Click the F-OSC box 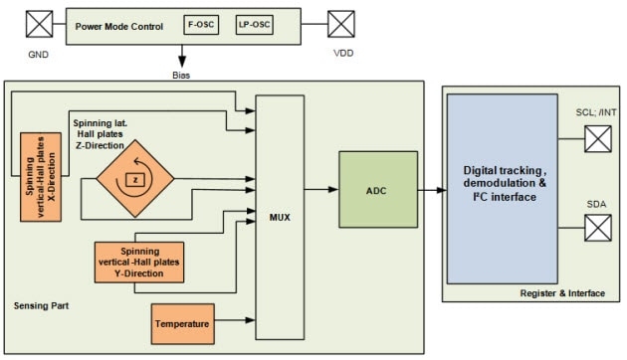(196, 22)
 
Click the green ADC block (377, 189)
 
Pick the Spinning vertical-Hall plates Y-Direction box (139, 261)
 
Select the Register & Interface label (562, 292)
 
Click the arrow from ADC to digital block (432, 189)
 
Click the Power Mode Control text (118, 22)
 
